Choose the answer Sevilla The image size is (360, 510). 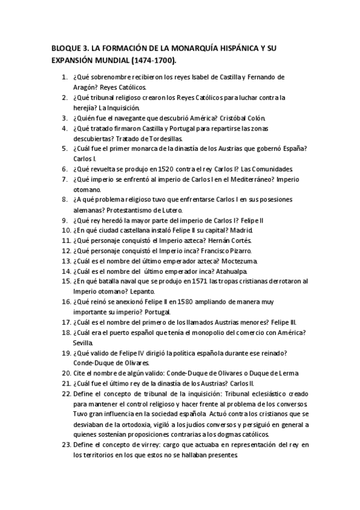pyautogui.click(x=84, y=343)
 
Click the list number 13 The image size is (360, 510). pyautogui.click(x=66, y=261)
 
